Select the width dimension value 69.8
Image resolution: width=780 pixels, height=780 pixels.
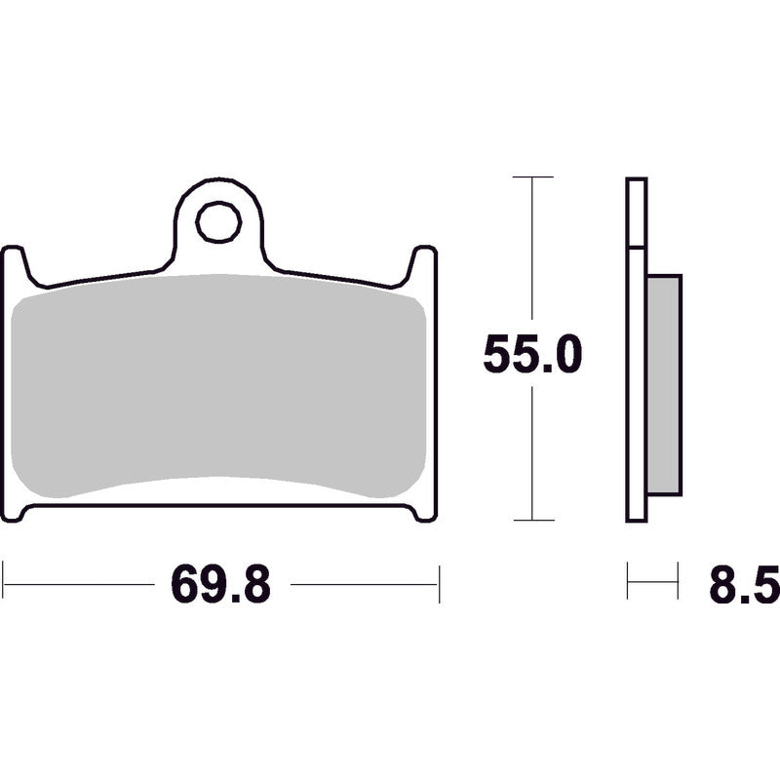220,585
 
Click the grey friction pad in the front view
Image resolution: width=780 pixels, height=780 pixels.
220,386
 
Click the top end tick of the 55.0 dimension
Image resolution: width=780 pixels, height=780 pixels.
532,177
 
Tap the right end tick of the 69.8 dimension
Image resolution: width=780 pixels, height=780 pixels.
440,583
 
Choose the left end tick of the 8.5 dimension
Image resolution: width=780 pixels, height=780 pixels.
627,583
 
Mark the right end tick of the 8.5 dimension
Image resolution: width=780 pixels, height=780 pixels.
679,583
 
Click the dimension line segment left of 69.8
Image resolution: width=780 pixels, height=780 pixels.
78,584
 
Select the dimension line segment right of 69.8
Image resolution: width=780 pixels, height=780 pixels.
366,584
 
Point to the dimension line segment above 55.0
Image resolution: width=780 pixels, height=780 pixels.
532,253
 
